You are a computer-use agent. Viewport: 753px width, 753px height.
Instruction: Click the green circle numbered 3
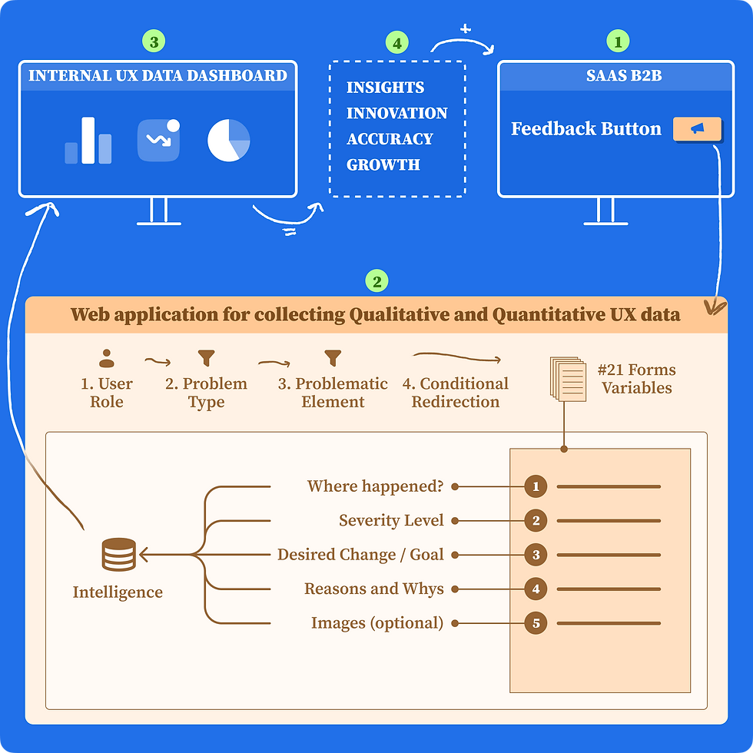(154, 41)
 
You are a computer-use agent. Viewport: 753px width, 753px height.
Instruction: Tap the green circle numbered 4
(396, 43)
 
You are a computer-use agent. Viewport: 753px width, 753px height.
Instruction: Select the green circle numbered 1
(618, 41)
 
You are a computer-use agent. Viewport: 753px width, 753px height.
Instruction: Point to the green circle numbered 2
(376, 281)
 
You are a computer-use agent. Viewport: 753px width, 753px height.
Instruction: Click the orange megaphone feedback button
(697, 129)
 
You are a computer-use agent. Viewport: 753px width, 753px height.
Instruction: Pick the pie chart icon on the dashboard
(229, 141)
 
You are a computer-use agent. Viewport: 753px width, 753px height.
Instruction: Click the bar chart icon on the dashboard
(88, 141)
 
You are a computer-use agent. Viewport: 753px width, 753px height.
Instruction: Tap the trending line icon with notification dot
(158, 140)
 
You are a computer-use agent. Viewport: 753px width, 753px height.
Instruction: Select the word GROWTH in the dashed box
(383, 164)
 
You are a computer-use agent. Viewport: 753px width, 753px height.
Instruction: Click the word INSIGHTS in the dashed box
(385, 88)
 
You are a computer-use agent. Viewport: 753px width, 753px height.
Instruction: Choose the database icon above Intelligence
(118, 554)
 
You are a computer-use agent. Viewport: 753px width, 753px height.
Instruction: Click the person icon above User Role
(106, 358)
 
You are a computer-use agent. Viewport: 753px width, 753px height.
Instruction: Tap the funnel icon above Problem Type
(206, 358)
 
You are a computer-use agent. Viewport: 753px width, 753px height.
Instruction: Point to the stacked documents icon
(568, 377)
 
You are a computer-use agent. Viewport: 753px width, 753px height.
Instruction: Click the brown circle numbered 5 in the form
(536, 622)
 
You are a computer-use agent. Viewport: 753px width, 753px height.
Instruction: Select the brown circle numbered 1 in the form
(536, 486)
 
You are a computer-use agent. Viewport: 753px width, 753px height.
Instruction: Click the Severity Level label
(391, 521)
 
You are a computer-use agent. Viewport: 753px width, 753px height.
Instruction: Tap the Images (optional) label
(377, 623)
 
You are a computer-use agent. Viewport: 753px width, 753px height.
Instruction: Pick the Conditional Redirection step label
(456, 393)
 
